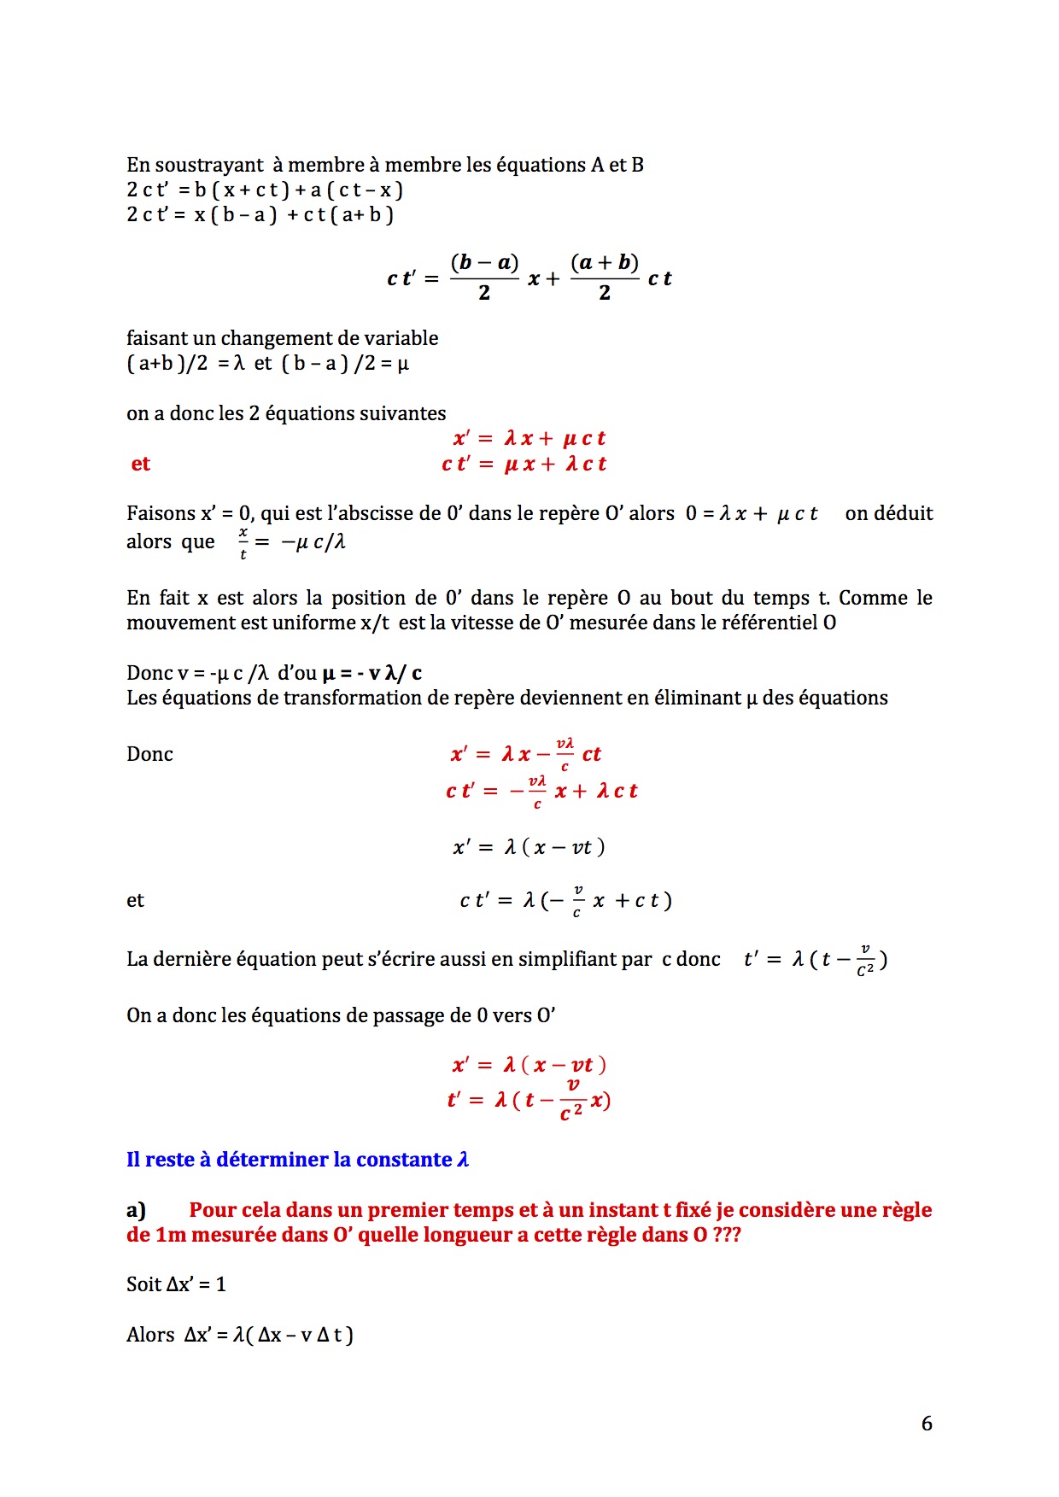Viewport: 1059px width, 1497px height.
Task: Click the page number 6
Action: click(x=927, y=1424)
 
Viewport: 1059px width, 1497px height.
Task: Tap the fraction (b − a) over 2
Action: click(x=484, y=277)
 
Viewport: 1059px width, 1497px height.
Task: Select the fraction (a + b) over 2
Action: click(x=605, y=277)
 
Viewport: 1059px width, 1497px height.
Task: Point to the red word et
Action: click(x=141, y=464)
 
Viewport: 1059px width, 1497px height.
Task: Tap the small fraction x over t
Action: click(x=243, y=542)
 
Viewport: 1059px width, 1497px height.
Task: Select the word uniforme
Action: click(x=313, y=623)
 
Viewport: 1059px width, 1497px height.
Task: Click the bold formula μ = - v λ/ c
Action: click(x=372, y=673)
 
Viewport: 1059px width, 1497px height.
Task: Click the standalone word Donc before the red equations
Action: click(x=149, y=754)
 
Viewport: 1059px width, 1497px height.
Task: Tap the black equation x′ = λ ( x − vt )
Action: click(x=529, y=847)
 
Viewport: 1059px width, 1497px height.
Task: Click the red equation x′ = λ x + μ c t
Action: click(x=529, y=439)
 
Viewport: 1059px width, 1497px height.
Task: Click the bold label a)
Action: click(x=136, y=1210)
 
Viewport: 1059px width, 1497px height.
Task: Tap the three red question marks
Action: click(x=727, y=1235)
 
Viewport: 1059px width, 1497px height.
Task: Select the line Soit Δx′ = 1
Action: click(x=176, y=1284)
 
